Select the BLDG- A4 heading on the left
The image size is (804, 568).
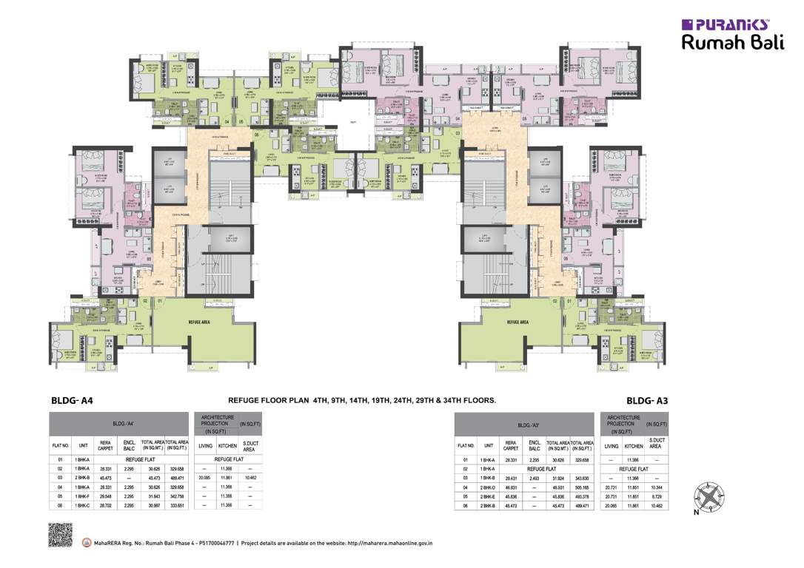point(71,400)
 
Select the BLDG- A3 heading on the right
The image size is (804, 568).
point(647,400)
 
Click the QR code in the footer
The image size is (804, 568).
point(60,535)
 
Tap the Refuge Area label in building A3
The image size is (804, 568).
point(518,322)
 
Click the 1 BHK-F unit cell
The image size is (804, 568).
point(82,496)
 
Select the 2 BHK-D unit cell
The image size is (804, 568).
point(488,487)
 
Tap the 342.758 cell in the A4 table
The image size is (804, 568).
point(175,496)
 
